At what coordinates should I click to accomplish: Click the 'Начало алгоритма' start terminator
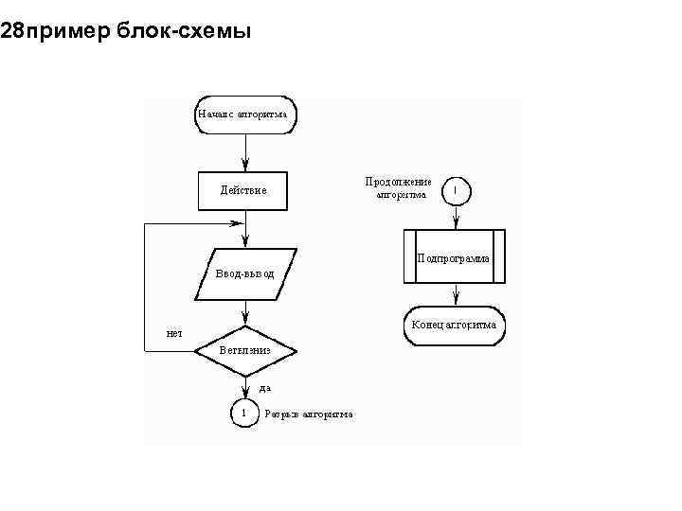[x=244, y=115]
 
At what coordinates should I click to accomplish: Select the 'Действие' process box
[x=244, y=190]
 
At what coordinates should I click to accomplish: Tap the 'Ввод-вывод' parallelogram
[x=244, y=273]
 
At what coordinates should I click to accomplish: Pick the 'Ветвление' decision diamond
[x=244, y=350]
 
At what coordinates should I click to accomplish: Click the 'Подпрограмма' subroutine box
[x=455, y=256]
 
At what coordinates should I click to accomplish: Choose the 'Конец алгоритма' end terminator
[x=455, y=326]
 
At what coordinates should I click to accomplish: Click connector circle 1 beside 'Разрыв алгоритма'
[x=244, y=414]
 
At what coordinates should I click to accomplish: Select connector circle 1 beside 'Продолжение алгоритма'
[x=456, y=190]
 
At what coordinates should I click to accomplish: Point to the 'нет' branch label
[x=174, y=333]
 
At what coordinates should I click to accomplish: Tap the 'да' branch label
[x=265, y=387]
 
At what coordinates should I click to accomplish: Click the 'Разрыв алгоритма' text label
[x=309, y=414]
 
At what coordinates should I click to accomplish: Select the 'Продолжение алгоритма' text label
[x=399, y=188]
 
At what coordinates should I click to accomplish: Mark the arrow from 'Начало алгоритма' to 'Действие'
[x=244, y=151]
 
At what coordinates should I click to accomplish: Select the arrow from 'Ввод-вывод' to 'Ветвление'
[x=244, y=312]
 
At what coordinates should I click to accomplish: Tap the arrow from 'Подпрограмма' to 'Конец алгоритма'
[x=456, y=295]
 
